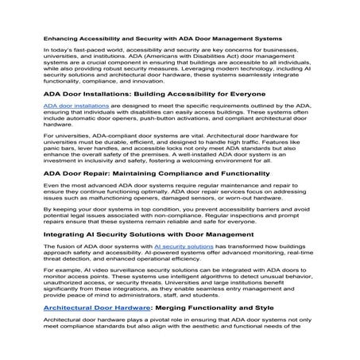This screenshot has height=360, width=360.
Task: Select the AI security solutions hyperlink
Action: coord(184,246)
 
